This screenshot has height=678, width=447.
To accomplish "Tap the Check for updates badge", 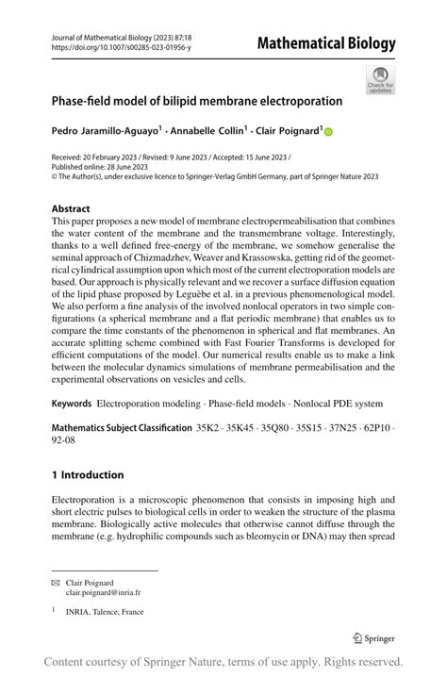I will point(381,80).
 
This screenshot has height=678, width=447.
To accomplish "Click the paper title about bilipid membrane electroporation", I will point(197,100).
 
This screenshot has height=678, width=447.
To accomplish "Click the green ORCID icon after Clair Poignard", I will point(329,133).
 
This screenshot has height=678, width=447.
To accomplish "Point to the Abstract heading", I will point(71,208).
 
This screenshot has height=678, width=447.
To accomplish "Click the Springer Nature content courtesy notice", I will point(223,662).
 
